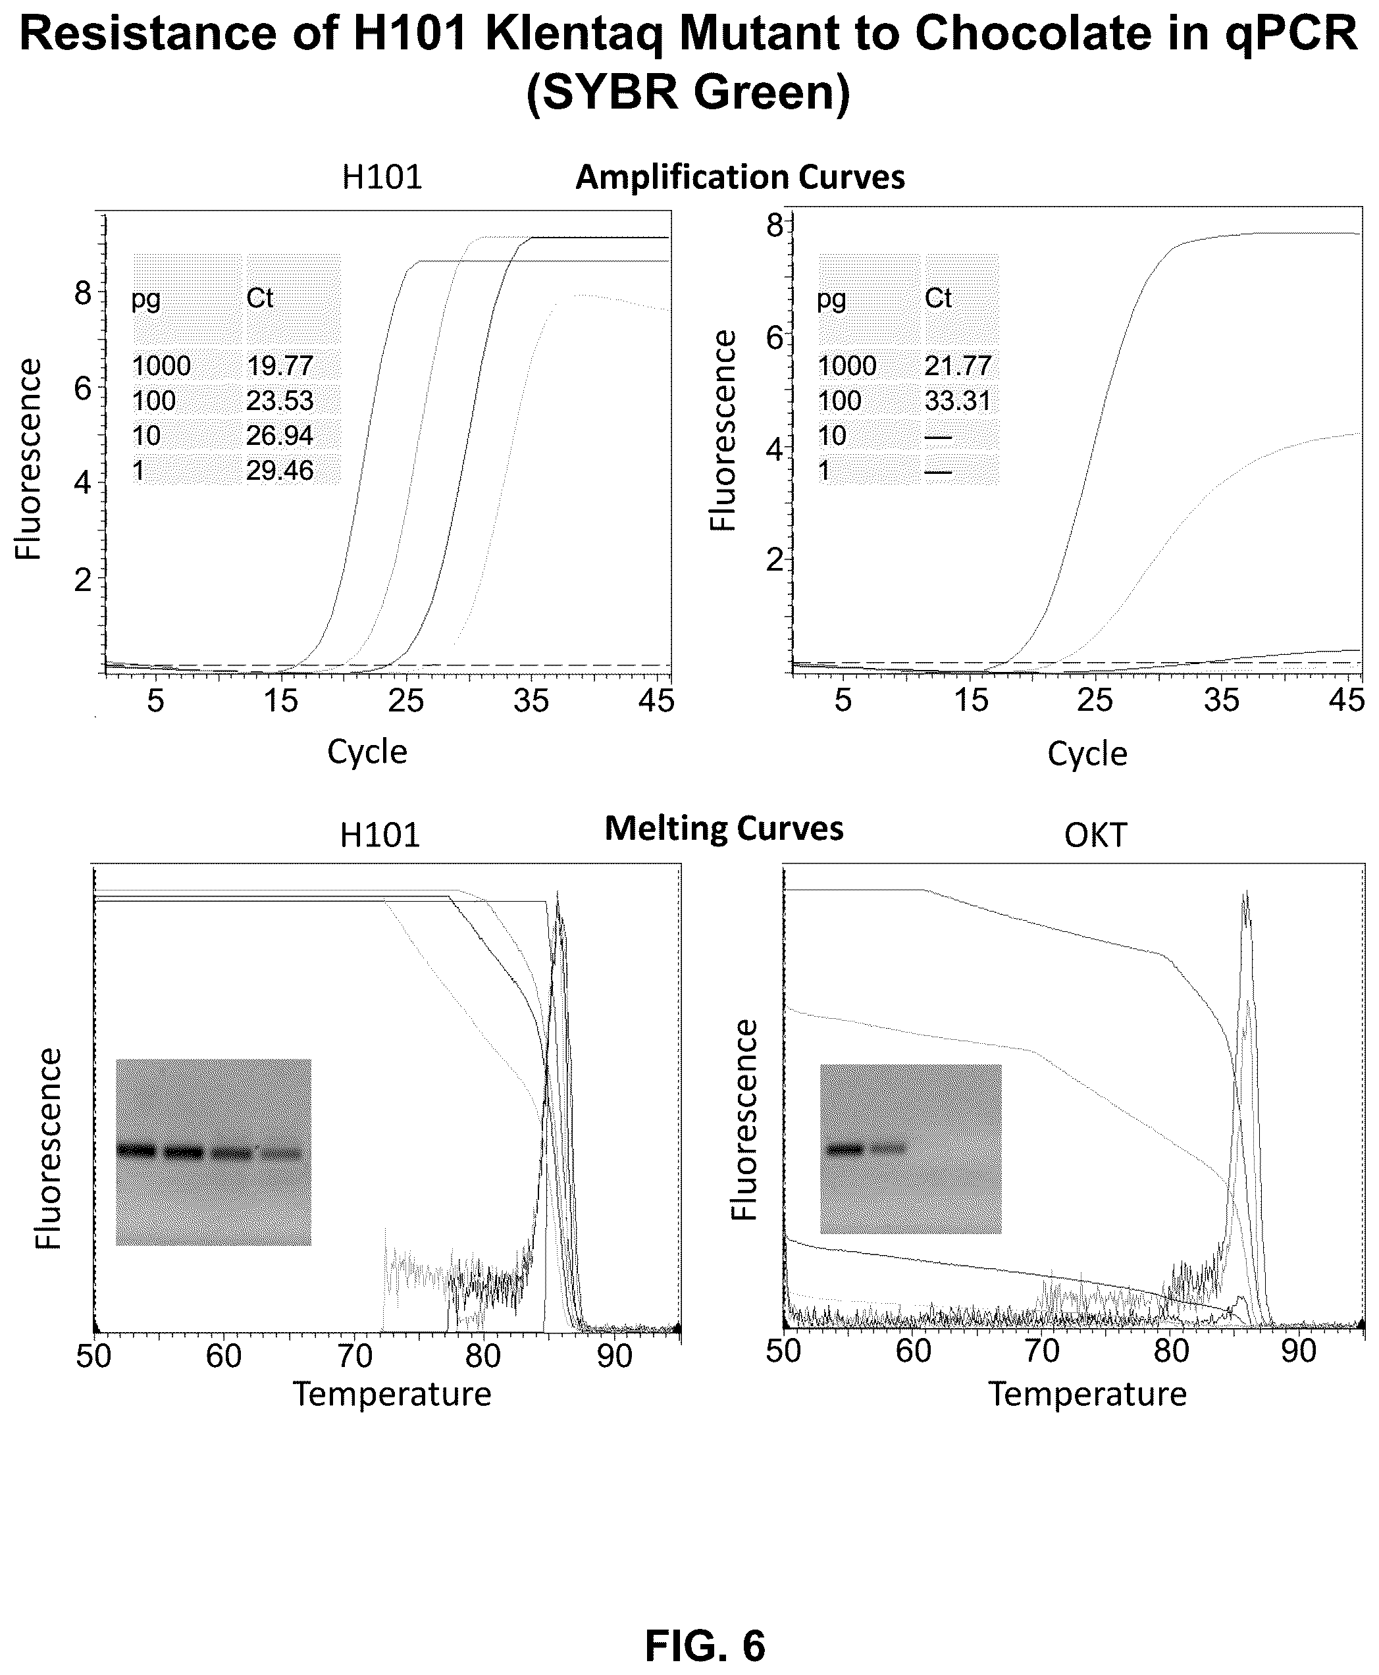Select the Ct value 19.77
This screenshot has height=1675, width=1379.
[280, 366]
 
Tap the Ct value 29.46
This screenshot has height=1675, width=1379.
[280, 471]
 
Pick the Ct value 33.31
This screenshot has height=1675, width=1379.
[958, 401]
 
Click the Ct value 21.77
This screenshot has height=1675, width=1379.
[958, 366]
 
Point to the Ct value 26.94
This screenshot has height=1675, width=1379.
[280, 436]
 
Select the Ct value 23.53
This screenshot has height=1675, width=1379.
[280, 401]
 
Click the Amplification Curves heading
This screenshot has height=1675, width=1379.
[740, 178]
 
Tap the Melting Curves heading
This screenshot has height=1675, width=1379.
[723, 829]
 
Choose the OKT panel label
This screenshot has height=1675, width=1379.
[1096, 835]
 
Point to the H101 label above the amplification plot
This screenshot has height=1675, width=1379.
[382, 177]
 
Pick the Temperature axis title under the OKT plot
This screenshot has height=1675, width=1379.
[1087, 1395]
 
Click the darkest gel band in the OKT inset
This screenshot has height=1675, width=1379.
[845, 1148]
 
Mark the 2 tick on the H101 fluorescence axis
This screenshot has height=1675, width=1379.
[84, 580]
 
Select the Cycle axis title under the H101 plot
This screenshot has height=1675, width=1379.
[367, 752]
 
